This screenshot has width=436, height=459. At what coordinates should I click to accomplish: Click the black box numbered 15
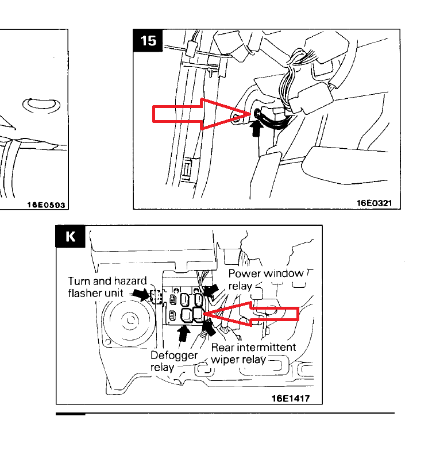pos(148,41)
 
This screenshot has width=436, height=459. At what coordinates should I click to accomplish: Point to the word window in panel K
pos(283,273)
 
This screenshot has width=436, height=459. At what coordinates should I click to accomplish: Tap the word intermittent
pos(269,347)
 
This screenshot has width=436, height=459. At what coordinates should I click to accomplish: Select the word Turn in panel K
pos(79,281)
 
